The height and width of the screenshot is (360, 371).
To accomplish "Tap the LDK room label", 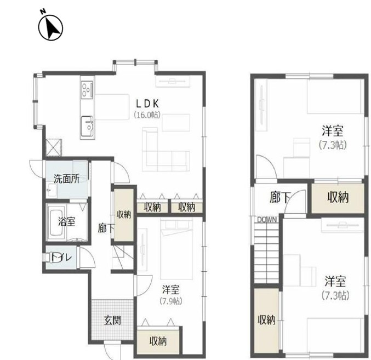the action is pyautogui.click(x=147, y=104).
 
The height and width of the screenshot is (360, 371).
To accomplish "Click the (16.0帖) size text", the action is pyautogui.click(x=147, y=115).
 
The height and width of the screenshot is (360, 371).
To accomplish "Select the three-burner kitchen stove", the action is pyautogui.click(x=87, y=90).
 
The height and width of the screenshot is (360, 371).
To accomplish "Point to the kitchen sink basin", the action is pyautogui.click(x=87, y=126).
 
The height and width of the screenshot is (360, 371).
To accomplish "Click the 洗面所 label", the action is pyautogui.click(x=66, y=179).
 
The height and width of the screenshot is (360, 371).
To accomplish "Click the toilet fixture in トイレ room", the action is pyautogui.click(x=48, y=258).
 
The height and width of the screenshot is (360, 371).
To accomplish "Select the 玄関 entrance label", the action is pyautogui.click(x=112, y=320).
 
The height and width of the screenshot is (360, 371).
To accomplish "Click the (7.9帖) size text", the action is pyautogui.click(x=171, y=301).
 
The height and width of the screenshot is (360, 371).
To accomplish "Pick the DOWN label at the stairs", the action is pyautogui.click(x=267, y=220).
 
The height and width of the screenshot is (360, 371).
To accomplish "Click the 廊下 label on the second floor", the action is pyautogui.click(x=280, y=197).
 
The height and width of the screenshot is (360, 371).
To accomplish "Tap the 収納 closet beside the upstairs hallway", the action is pyautogui.click(x=338, y=198).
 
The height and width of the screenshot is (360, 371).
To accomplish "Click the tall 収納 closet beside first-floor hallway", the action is pyautogui.click(x=123, y=215).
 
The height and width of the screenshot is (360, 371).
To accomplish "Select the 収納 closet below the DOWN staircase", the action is pyautogui.click(x=267, y=321).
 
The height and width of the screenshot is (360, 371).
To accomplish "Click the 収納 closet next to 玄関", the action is pyautogui.click(x=158, y=341).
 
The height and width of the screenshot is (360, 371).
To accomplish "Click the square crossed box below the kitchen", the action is pyautogui.click(x=54, y=147).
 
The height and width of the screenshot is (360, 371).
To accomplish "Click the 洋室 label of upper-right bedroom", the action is pyautogui.click(x=333, y=131).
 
